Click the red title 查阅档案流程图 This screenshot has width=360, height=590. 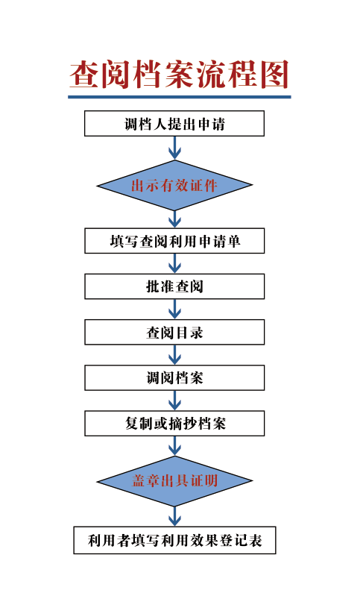(180, 74)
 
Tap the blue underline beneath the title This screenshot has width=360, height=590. (180, 97)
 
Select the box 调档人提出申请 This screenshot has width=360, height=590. (174, 123)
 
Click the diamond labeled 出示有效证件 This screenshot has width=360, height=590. (174, 185)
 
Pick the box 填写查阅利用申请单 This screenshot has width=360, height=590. (174, 241)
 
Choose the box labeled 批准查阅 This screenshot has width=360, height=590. (174, 286)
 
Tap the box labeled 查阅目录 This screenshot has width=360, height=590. (174, 332)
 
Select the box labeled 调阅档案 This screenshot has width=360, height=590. (174, 377)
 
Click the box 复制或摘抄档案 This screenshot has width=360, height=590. (174, 424)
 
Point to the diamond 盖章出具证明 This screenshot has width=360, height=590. (174, 481)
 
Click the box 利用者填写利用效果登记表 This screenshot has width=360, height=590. (174, 540)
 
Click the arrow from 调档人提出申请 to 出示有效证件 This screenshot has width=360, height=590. (174, 148)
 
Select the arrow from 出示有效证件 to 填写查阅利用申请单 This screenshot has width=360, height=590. (174, 219)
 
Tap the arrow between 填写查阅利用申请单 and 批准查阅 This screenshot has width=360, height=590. (174, 264)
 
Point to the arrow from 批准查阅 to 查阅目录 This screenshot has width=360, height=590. (174, 310)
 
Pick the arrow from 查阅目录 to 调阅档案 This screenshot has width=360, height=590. (174, 355)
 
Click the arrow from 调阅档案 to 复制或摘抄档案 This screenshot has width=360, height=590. (174, 401)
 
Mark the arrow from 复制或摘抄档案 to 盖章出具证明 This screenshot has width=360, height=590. (174, 446)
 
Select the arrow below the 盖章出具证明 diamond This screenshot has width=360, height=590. (174, 516)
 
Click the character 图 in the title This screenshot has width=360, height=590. (275, 74)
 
